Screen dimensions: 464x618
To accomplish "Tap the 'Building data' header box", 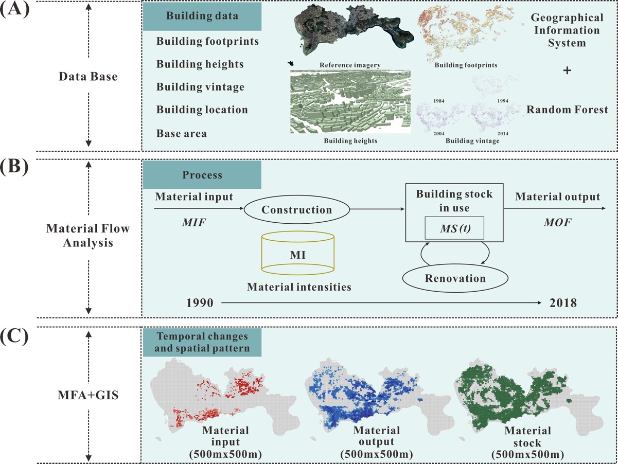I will (202, 16).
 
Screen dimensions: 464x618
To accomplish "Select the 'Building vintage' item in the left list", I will (200, 87).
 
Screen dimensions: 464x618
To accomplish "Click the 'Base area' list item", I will (182, 133).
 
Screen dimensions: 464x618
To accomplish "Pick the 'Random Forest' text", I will (567, 110).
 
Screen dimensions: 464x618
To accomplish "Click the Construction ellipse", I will (297, 210).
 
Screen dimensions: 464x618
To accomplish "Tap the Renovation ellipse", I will (456, 278).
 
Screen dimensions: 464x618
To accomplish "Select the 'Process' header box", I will (202, 175).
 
